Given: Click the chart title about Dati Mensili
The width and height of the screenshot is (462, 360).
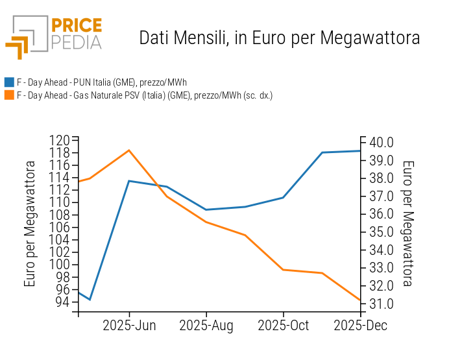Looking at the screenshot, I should (x=279, y=38).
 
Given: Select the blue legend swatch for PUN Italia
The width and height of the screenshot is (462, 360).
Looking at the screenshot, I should (x=9, y=82).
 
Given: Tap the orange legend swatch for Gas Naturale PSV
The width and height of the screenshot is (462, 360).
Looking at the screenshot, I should (x=9, y=95).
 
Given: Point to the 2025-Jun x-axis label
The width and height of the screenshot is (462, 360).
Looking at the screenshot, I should (x=129, y=326).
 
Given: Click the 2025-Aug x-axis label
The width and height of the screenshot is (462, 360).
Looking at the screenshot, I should (x=206, y=326).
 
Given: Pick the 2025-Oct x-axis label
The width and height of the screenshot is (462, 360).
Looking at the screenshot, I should (x=284, y=326).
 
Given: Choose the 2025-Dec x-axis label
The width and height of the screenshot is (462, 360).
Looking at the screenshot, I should (x=360, y=326).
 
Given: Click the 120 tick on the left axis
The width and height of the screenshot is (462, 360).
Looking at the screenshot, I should (x=60, y=140).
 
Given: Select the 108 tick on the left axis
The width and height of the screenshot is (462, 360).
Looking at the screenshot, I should (x=60, y=215).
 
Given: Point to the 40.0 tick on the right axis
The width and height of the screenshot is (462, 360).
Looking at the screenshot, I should (x=381, y=143).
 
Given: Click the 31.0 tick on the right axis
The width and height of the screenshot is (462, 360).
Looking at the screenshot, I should (x=381, y=304).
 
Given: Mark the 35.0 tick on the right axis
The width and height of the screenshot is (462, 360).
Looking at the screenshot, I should (x=381, y=232).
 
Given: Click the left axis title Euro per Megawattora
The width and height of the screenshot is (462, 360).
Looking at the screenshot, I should (x=30, y=224).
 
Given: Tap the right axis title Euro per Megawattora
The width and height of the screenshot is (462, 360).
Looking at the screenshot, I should (x=408, y=224).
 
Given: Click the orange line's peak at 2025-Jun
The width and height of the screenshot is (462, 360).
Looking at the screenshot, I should (x=129, y=150).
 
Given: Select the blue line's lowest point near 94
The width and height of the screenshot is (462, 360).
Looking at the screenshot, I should (x=90, y=300).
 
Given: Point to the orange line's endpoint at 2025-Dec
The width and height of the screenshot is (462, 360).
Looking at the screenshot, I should (x=360, y=300).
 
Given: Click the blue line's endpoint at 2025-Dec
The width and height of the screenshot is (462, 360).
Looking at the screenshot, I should (x=360, y=151).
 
